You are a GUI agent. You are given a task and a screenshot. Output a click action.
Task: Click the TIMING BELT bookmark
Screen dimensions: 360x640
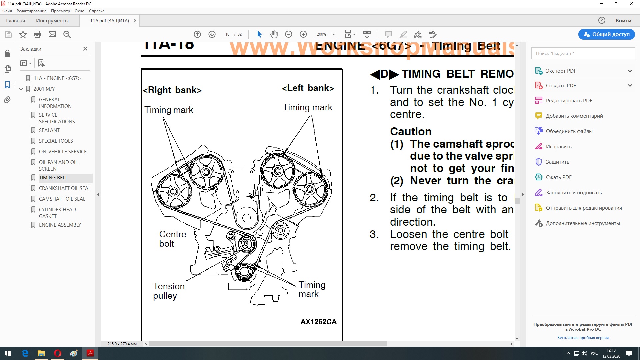53,178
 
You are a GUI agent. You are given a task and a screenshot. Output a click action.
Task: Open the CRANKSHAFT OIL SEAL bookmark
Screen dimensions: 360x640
65,188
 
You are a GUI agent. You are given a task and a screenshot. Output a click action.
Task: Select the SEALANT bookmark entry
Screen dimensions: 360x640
49,130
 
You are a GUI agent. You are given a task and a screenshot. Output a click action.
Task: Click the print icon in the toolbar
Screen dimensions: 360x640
37,34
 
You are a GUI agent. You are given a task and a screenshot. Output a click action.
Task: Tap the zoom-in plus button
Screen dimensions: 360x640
303,34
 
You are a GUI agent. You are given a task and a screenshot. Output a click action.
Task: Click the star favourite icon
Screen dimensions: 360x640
23,34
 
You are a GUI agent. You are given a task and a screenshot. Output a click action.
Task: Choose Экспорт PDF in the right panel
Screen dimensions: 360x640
561,71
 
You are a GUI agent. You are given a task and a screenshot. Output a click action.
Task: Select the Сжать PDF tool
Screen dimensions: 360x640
558,177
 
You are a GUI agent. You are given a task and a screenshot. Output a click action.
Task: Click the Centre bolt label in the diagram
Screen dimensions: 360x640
172,239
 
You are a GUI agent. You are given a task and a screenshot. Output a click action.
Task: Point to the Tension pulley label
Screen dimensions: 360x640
169,291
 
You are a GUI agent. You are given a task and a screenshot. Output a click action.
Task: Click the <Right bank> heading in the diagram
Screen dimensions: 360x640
172,90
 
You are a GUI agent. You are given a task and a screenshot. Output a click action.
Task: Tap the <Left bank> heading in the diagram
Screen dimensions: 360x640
308,88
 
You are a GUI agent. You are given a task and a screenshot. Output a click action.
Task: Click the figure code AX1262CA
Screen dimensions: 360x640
318,322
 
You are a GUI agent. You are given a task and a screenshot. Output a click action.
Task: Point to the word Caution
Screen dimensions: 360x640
411,131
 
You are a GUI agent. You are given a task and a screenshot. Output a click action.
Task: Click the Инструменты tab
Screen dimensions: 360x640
52,21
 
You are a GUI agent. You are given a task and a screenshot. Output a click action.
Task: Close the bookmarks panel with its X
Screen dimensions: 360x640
85,49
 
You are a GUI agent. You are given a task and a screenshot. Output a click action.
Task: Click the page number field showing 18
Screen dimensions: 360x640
227,34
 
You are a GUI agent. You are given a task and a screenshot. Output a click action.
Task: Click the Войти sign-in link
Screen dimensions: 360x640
623,21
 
